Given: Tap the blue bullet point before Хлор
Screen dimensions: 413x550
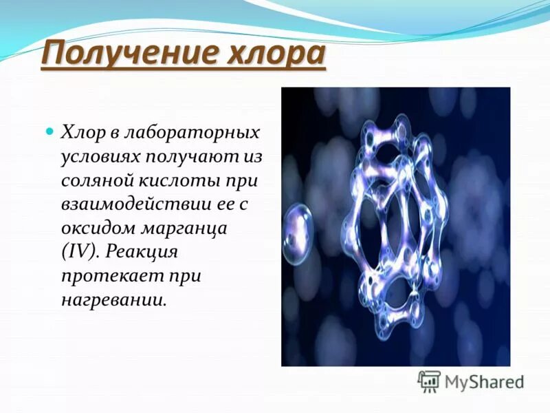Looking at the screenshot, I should tap(49, 130).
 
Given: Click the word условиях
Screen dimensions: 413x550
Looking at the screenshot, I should tap(100, 156).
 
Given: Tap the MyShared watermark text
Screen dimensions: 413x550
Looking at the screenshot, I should tap(484, 381).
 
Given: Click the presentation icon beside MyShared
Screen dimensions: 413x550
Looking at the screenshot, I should tap(429, 380).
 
